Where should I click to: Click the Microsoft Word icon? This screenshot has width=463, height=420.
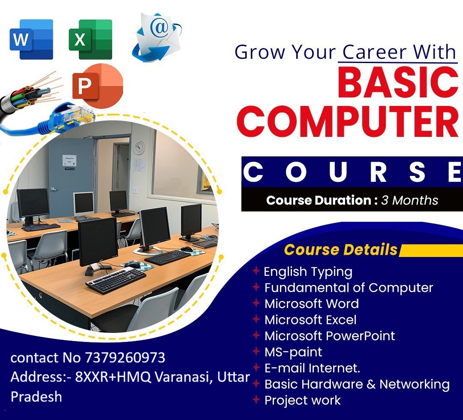(x=31, y=39)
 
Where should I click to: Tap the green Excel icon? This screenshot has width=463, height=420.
(x=90, y=39)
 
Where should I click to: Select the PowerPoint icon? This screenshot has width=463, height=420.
(x=97, y=86)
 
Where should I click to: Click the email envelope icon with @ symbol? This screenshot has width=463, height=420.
(x=156, y=37)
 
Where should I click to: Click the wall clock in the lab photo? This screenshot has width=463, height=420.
(x=139, y=148)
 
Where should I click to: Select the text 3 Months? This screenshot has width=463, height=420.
(x=409, y=200)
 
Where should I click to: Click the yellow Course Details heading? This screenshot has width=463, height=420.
(x=340, y=250)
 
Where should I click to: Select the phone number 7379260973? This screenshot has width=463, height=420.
(x=125, y=358)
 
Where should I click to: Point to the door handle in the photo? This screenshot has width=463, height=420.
(x=53, y=189)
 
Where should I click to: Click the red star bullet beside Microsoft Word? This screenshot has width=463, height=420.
(x=256, y=303)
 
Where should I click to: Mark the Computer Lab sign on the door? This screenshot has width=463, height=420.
(x=69, y=160)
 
